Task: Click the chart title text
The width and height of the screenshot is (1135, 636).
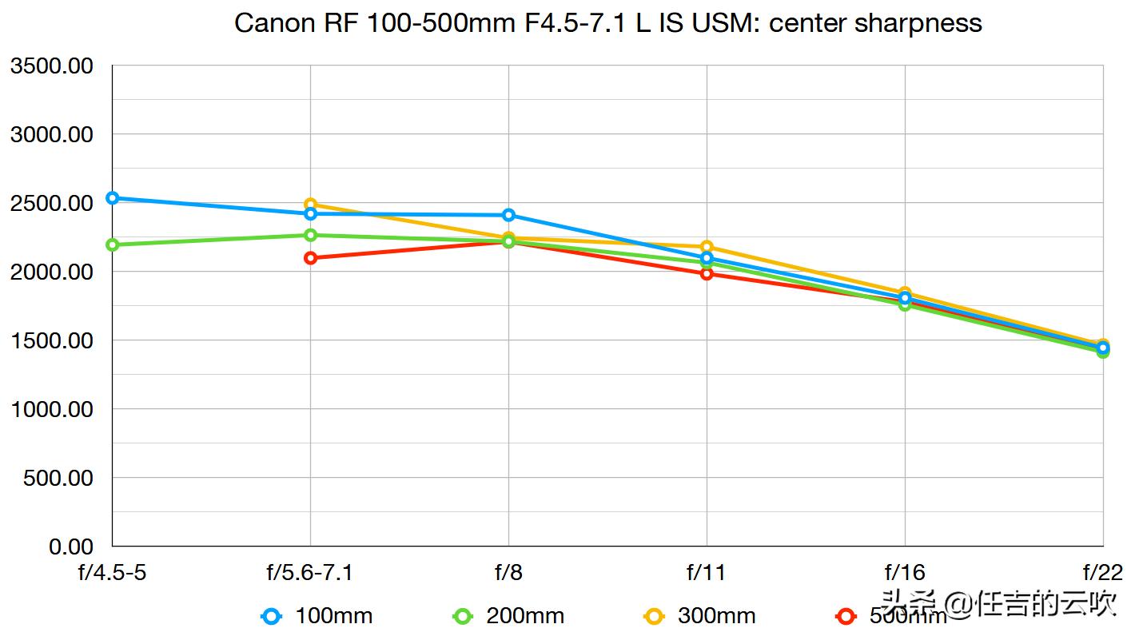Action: tap(607, 22)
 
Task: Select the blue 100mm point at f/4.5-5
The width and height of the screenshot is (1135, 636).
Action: tap(113, 198)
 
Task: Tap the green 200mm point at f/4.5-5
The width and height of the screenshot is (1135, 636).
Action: tap(113, 244)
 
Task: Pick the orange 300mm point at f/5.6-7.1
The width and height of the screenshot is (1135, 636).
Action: tap(310, 205)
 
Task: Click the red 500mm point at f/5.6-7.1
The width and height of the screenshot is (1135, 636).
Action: tap(310, 258)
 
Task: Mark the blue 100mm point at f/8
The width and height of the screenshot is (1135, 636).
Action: tap(508, 215)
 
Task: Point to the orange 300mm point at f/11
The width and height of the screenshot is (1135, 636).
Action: tap(707, 247)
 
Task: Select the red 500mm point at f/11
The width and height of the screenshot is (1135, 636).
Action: tap(707, 274)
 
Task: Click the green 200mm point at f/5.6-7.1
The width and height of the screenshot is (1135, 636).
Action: tap(310, 235)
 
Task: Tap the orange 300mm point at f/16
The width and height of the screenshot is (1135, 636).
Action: tap(905, 293)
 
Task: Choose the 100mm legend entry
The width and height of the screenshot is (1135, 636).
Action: tap(317, 616)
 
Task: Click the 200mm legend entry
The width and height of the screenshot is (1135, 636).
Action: tap(509, 616)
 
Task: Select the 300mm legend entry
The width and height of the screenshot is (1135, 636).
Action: tap(700, 616)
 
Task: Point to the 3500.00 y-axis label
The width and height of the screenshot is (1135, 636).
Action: tap(51, 66)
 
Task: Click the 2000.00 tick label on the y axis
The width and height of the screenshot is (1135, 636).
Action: tap(51, 272)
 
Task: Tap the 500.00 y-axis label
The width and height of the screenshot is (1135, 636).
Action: tap(58, 478)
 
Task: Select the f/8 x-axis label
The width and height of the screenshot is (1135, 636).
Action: tap(508, 573)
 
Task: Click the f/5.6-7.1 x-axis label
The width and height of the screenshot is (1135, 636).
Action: tap(310, 573)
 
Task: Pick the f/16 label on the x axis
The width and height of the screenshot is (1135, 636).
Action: tap(905, 573)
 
